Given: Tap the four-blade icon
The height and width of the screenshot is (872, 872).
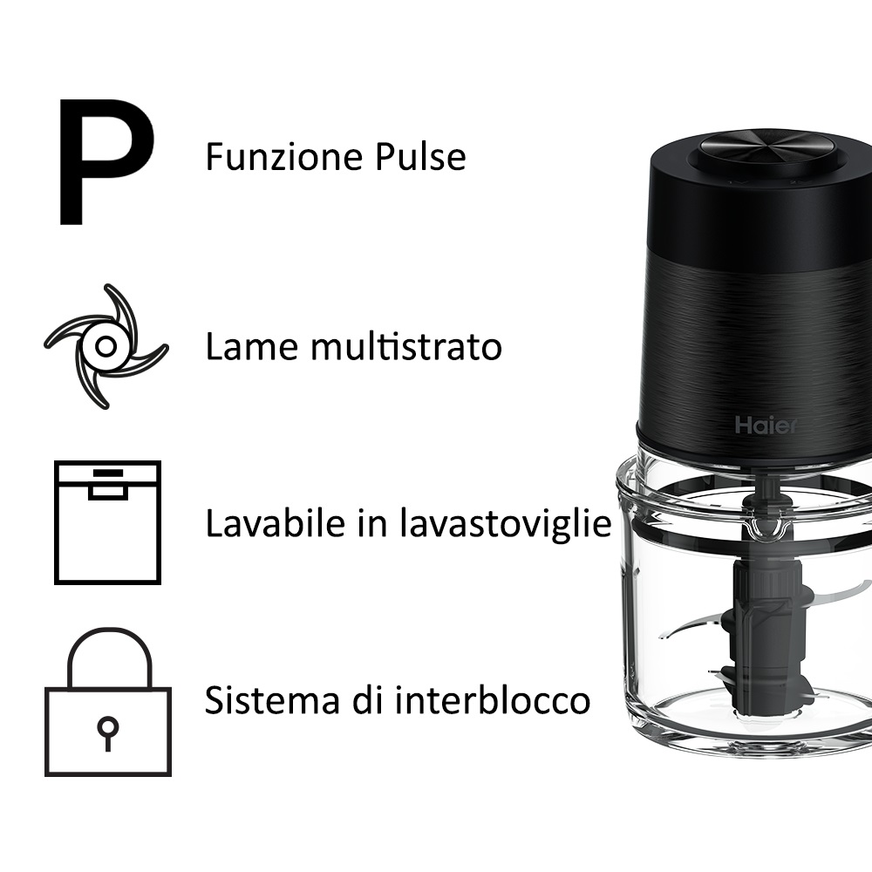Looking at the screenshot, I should point(106,346).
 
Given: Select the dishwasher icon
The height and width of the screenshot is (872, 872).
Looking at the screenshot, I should point(107,522).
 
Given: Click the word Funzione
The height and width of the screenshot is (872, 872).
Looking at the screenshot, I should point(276,157).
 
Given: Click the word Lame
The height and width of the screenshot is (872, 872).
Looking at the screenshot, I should point(243,347).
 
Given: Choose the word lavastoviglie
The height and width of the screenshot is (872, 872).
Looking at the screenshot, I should point(506,524).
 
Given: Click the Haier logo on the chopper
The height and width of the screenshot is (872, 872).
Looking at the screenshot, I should point(764,426).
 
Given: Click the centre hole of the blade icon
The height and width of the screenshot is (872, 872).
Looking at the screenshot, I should point(106,346).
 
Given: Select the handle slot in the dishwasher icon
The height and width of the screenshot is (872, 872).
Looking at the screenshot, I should point(107,491).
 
